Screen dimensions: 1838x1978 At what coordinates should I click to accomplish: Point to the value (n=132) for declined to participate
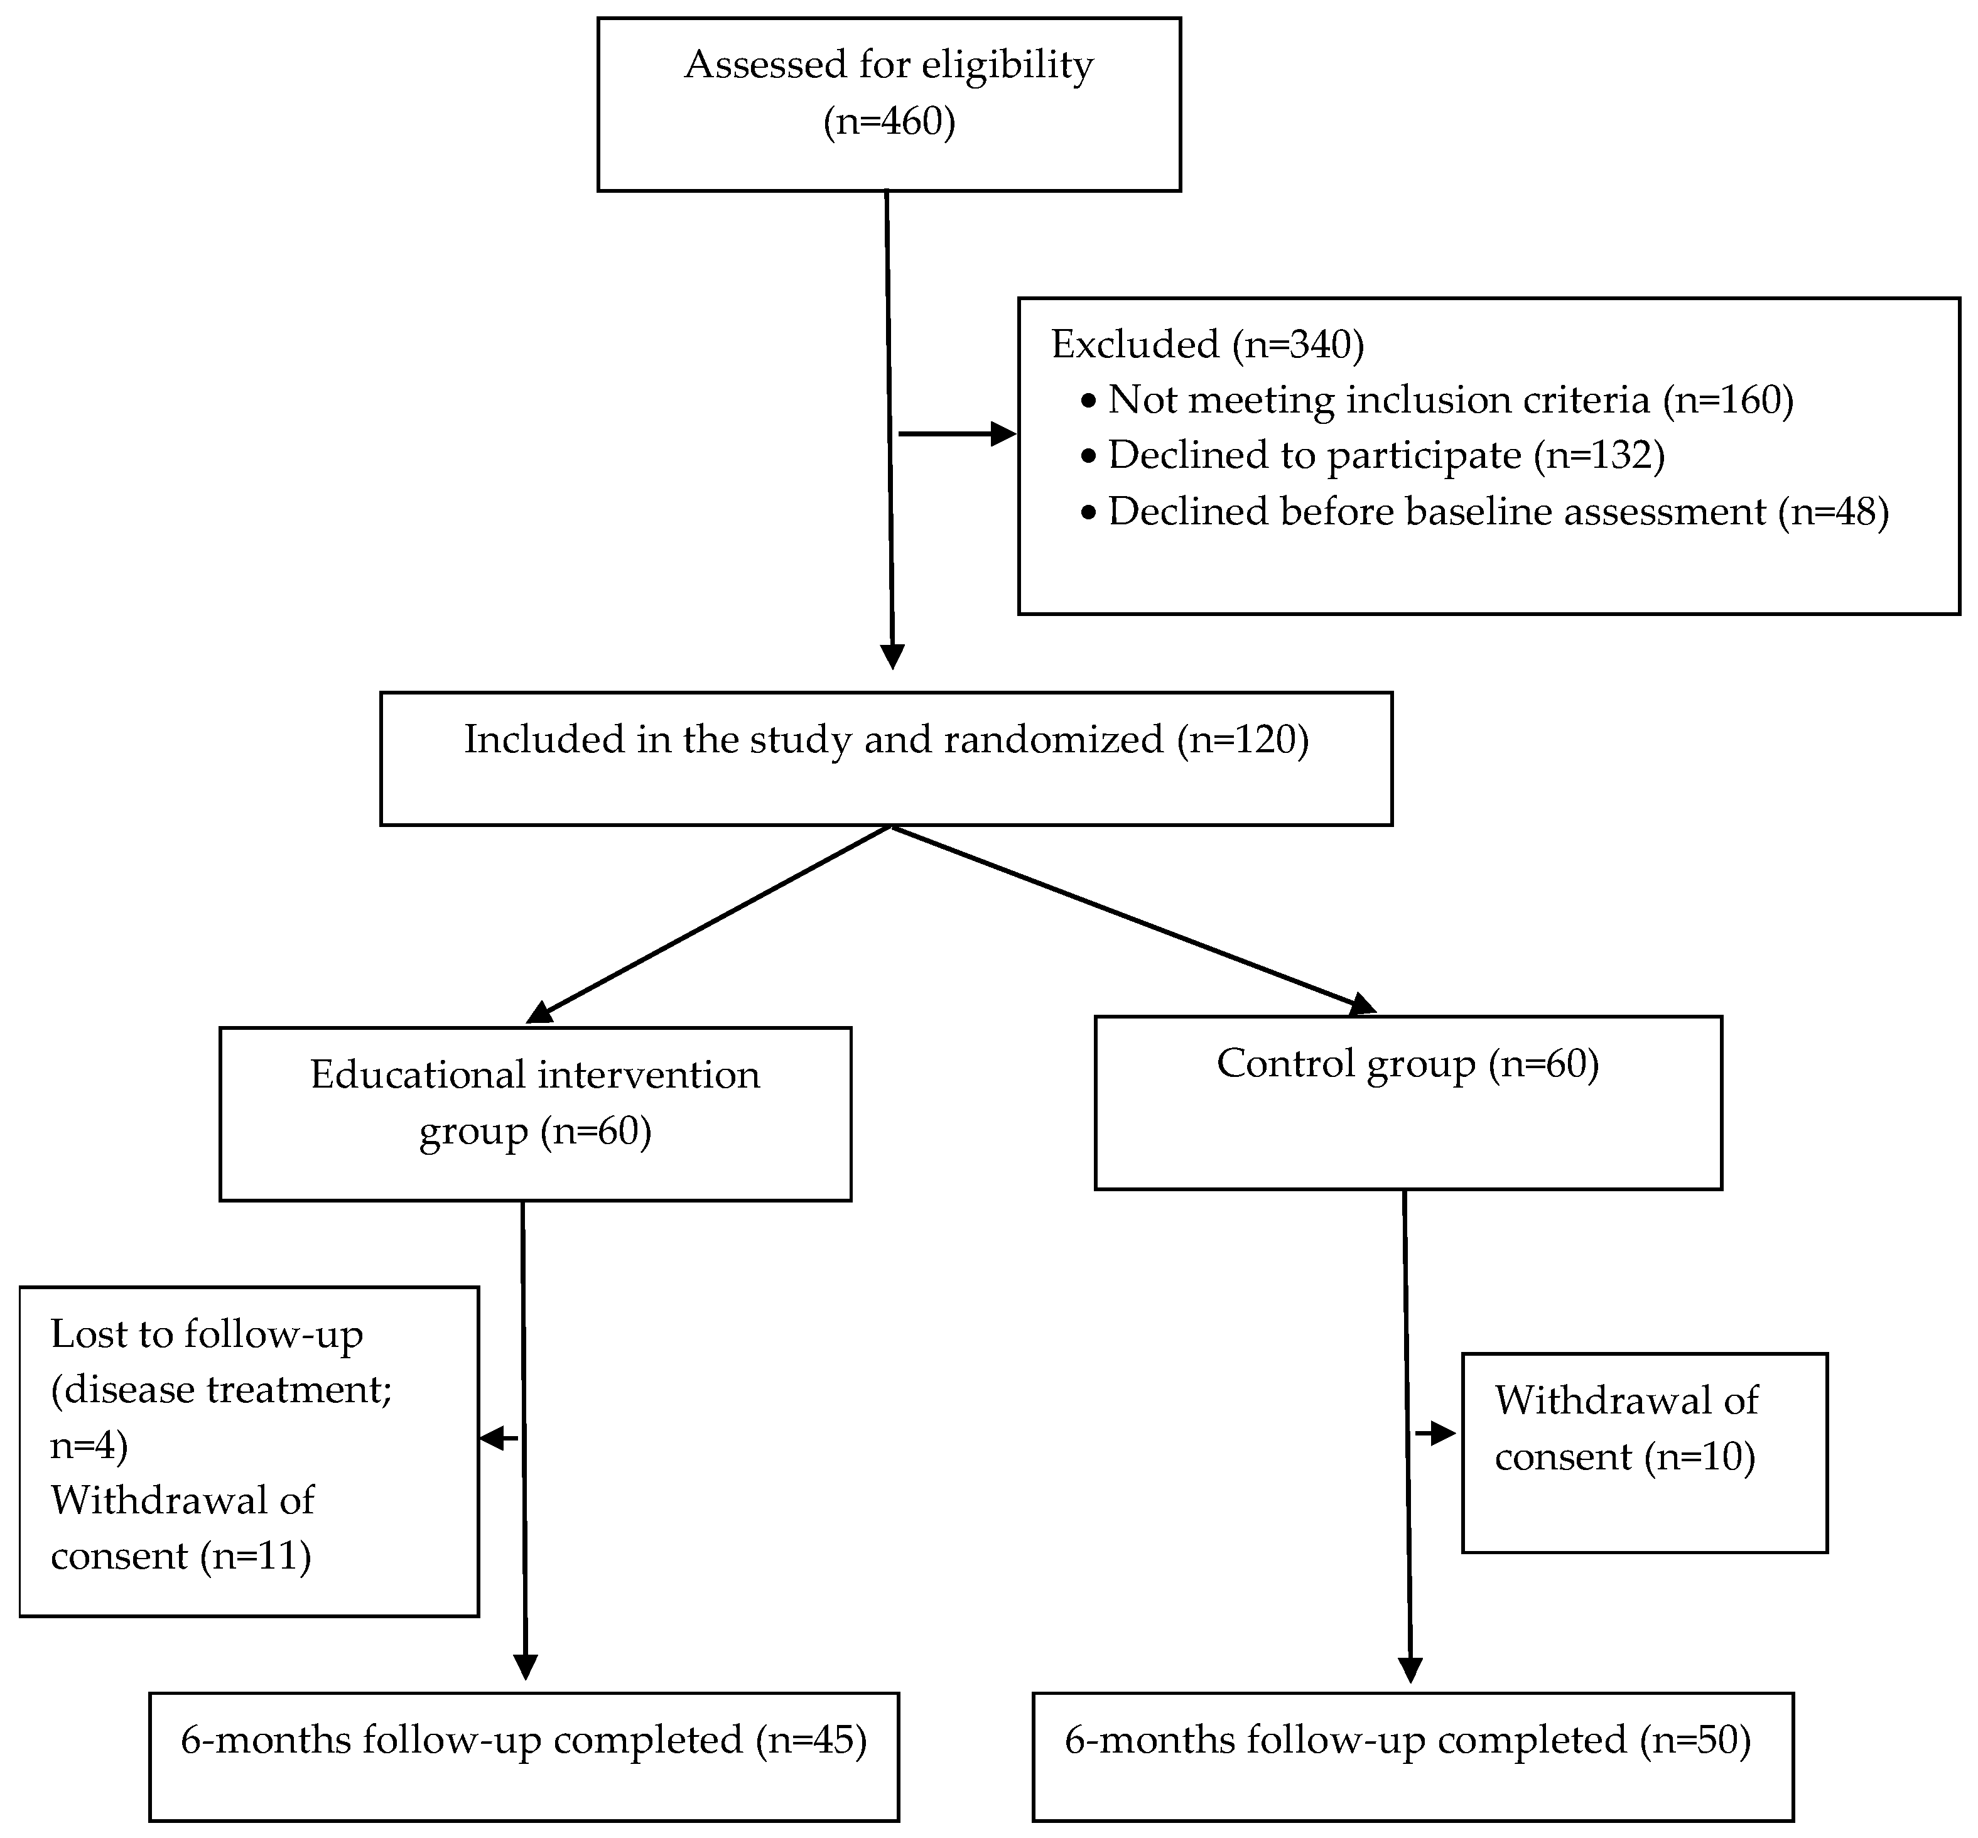click(x=1598, y=455)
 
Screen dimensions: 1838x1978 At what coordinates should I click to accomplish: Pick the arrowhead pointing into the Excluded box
click(x=1002, y=434)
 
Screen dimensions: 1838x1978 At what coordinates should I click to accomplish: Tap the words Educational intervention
click(x=535, y=1075)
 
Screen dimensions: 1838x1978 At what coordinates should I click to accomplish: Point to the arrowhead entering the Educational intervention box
click(x=539, y=1012)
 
